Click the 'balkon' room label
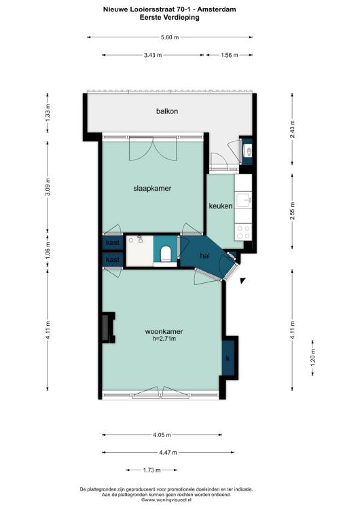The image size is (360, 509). [167, 111]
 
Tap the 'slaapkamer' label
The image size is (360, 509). [152, 188]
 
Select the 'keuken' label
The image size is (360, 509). [221, 206]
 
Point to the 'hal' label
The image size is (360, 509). [204, 256]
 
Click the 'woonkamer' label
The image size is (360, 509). [164, 332]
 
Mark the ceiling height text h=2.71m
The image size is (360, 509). [164, 339]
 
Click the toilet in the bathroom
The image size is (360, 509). [166, 254]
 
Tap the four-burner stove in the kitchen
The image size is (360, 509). [243, 232]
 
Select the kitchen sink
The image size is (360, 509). [243, 200]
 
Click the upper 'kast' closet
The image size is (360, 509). [113, 242]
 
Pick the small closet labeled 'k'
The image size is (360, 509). [228, 358]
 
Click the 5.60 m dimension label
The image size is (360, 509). [170, 37]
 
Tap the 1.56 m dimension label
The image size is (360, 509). [230, 55]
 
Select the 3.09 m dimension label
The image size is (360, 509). [48, 187]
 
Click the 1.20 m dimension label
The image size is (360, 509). [313, 358]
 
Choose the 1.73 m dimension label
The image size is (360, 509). [151, 470]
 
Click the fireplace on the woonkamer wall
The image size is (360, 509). [108, 328]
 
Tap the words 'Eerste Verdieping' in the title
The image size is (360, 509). [170, 18]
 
